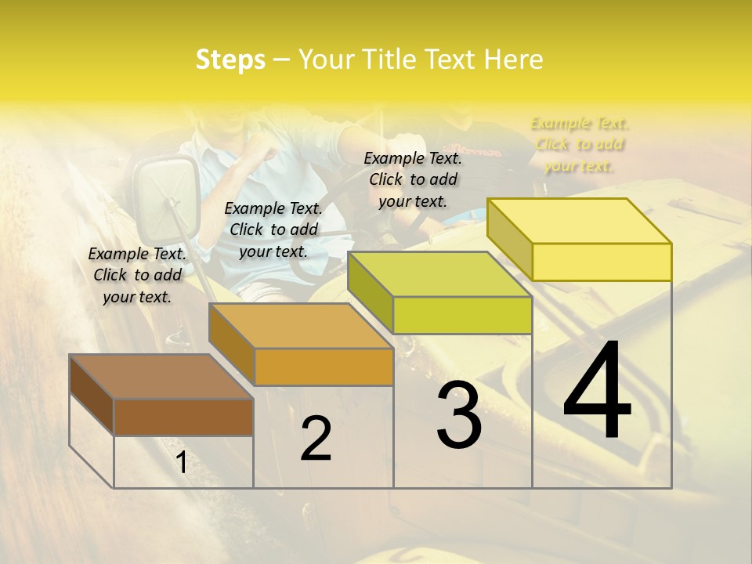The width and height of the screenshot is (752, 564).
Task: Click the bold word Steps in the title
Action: click(x=230, y=60)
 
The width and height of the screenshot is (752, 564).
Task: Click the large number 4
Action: click(x=598, y=391)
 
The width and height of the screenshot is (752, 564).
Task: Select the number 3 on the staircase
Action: click(x=459, y=415)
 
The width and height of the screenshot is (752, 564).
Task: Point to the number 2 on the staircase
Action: click(x=316, y=439)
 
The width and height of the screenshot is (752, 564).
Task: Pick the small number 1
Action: click(x=181, y=463)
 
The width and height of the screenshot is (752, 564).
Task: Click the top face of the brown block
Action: click(x=161, y=377)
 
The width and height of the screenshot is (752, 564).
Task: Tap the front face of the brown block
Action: click(x=183, y=417)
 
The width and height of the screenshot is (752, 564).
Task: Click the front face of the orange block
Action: click(x=324, y=367)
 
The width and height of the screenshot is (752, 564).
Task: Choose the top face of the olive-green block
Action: click(x=439, y=275)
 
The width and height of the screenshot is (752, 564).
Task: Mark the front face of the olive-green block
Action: click(x=462, y=315)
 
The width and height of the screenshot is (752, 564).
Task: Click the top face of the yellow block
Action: click(x=578, y=221)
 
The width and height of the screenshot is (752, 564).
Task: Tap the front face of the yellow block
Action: click(x=602, y=262)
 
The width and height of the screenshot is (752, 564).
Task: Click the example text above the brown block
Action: click(x=137, y=275)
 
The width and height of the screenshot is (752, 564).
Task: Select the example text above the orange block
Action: click(x=273, y=230)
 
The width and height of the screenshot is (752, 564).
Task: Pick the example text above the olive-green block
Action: click(x=413, y=179)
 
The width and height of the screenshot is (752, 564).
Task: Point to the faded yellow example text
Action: click(x=579, y=144)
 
